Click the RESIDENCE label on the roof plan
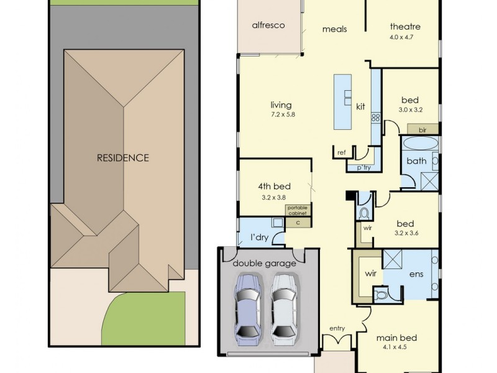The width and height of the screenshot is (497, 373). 122,158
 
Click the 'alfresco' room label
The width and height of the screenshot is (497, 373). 268,25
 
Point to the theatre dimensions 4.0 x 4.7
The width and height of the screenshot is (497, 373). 405,37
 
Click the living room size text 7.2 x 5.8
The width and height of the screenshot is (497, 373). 281,115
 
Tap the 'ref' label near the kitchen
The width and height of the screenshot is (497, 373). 341,152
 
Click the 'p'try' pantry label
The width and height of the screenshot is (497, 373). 363,168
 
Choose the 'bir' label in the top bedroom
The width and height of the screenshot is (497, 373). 422,129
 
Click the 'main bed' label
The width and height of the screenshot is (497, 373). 396,338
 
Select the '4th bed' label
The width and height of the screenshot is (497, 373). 274,186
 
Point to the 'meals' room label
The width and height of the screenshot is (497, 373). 334,29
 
